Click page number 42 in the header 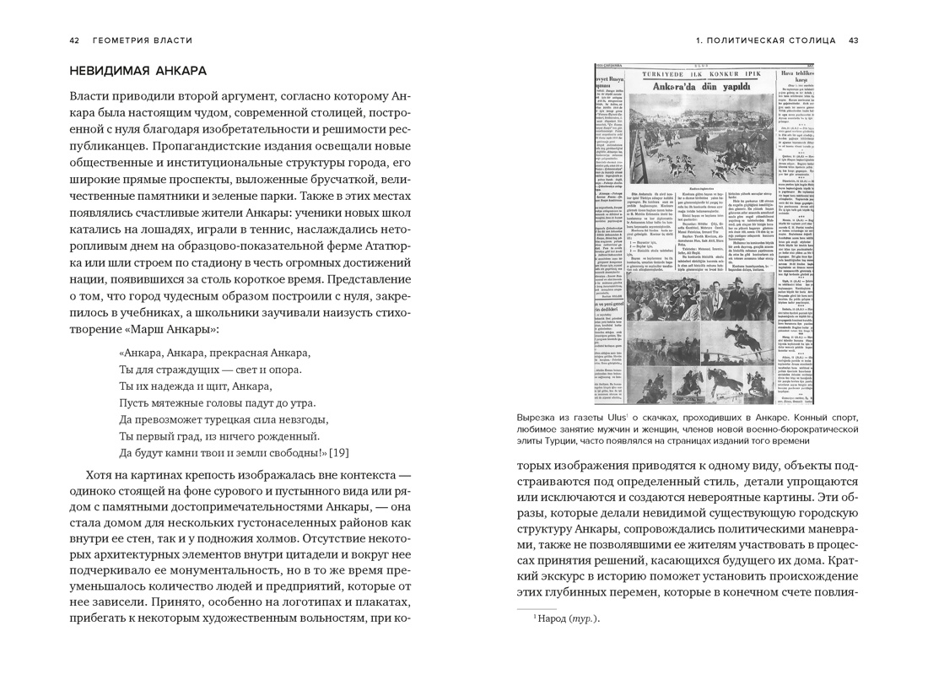pos(74,40)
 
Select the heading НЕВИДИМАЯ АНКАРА pos(138,71)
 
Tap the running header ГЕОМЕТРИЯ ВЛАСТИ pos(143,40)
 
